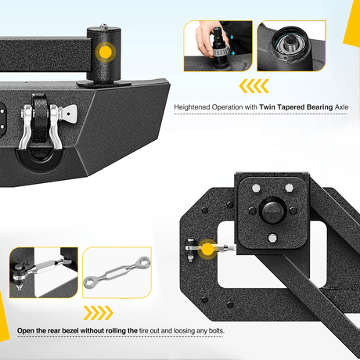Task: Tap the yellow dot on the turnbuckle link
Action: pos(207,249)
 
